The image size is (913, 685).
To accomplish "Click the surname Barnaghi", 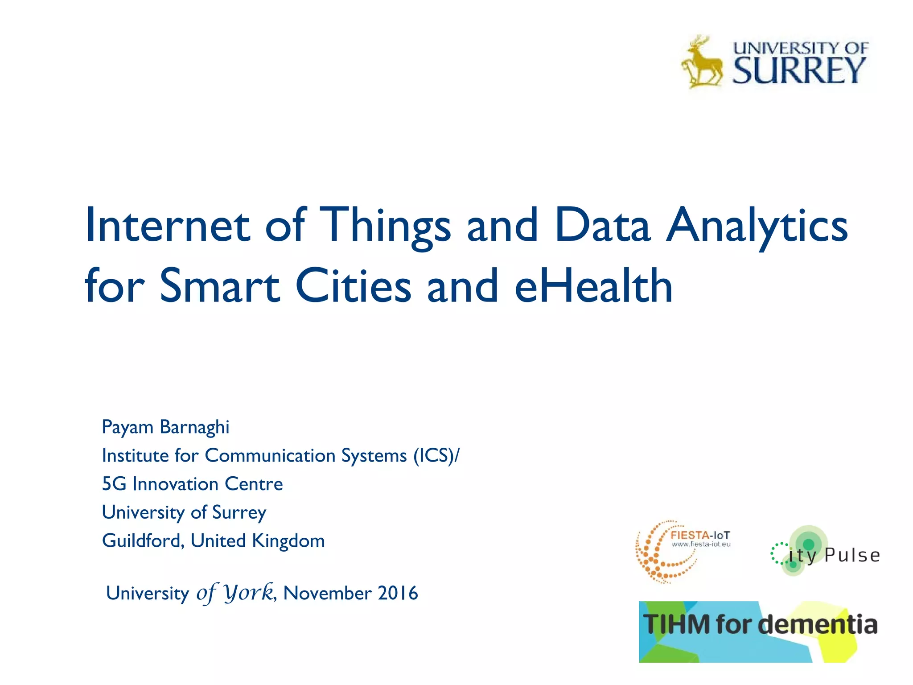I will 194,427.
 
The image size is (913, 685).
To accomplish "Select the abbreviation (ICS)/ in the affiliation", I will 436,456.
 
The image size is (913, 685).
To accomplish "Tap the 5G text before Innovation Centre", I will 114,484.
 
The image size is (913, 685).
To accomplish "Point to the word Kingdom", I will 288,541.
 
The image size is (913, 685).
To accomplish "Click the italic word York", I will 248,593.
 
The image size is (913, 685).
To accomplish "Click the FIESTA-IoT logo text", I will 700,536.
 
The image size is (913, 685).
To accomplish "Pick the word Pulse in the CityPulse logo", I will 852,556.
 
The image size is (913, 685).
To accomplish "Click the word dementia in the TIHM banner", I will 818,624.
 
